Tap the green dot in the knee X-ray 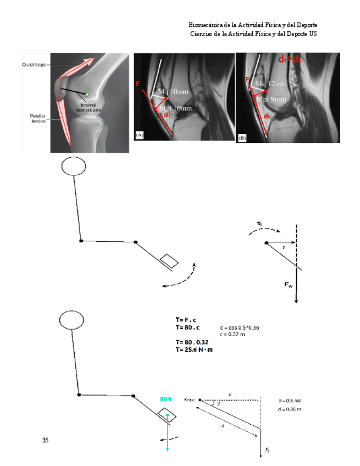[x=86, y=92]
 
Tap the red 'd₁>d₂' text [x=289, y=59]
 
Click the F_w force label [x=289, y=284]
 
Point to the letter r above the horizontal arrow [x=284, y=247]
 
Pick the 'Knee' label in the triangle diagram [x=190, y=400]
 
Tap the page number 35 [x=45, y=440]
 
